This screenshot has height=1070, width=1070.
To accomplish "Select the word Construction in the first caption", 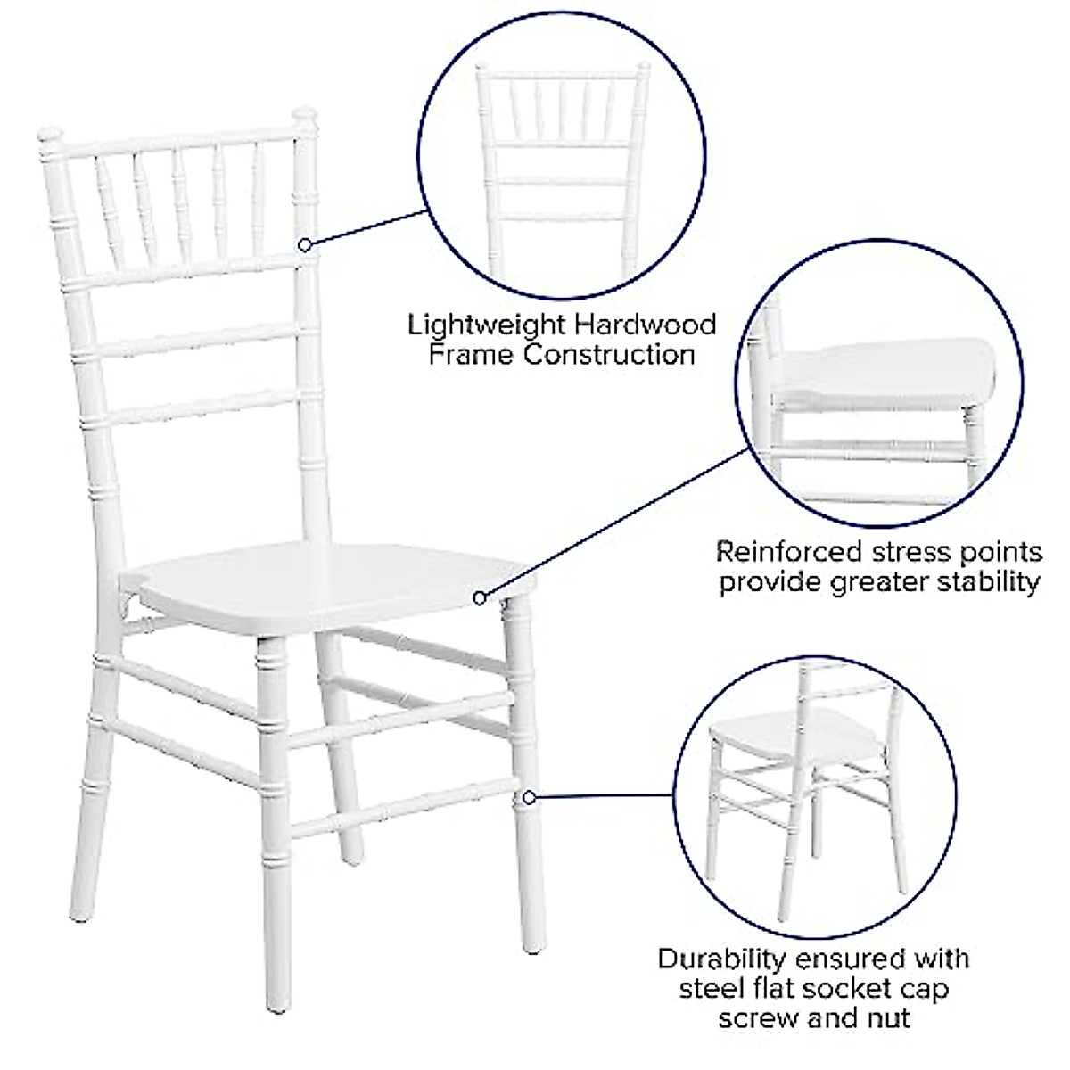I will (609, 355).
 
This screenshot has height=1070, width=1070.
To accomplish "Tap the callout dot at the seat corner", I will (480, 597).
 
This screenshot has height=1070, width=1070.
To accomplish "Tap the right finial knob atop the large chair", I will (306, 115).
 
